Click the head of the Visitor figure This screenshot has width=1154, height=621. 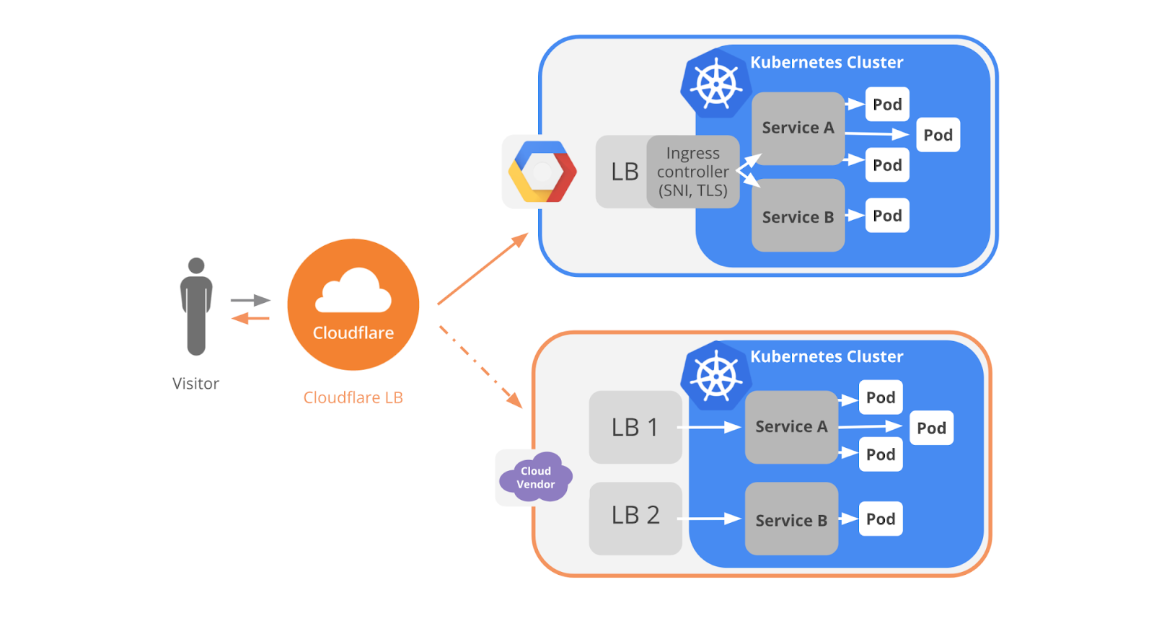(196, 265)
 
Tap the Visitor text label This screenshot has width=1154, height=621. (195, 384)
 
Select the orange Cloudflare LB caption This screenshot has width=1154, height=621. (353, 397)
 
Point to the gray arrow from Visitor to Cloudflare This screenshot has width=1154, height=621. (250, 300)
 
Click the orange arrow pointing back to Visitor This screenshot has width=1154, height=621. (250, 319)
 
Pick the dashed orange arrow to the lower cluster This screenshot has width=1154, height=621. (480, 367)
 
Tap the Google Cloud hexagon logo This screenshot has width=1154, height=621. (542, 172)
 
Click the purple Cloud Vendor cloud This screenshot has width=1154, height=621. (536, 477)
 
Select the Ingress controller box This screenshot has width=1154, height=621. (693, 172)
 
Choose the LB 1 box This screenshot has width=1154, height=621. (635, 427)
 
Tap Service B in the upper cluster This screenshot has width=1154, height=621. (798, 216)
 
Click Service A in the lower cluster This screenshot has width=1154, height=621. (791, 427)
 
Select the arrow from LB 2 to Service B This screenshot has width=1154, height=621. (709, 519)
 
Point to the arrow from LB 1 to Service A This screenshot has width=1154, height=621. (709, 427)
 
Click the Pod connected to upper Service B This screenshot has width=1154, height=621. (887, 216)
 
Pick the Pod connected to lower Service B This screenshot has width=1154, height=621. (881, 519)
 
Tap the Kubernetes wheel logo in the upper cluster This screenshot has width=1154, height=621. (716, 84)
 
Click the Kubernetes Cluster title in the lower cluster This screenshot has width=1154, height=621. (827, 356)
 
